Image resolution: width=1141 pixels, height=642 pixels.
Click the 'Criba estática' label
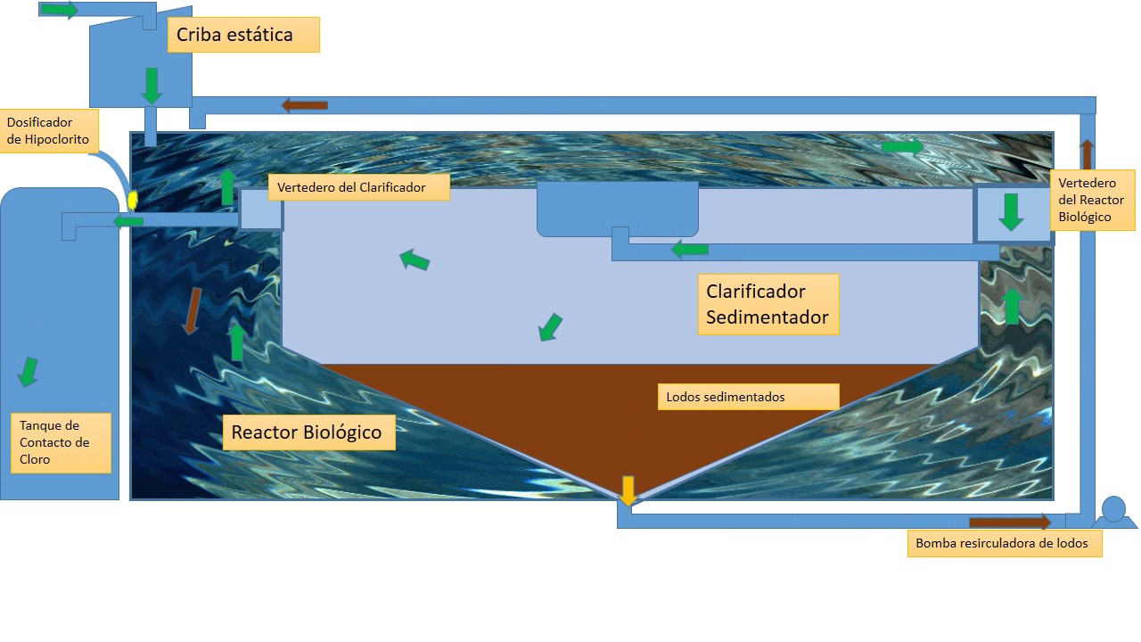coord(243,36)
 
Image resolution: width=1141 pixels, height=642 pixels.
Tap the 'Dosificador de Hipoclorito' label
coord(48,130)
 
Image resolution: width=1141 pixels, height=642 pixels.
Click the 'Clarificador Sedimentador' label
coord(768,304)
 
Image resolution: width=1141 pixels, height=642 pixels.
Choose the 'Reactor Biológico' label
coord(308,433)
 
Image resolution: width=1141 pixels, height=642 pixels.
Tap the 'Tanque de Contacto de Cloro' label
coord(60,442)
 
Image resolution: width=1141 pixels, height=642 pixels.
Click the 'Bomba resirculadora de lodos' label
coord(1004,543)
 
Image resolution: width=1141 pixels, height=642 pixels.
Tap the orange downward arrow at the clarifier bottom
coord(628,491)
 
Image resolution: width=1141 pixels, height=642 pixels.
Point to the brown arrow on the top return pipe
coord(305,105)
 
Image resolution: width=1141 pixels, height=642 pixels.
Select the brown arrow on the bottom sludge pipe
coord(1010,523)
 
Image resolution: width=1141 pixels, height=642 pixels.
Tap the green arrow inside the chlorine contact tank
coord(29,371)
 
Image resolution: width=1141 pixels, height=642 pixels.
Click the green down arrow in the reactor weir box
coord(1011,212)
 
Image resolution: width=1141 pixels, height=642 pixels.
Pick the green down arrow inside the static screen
coord(152,85)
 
